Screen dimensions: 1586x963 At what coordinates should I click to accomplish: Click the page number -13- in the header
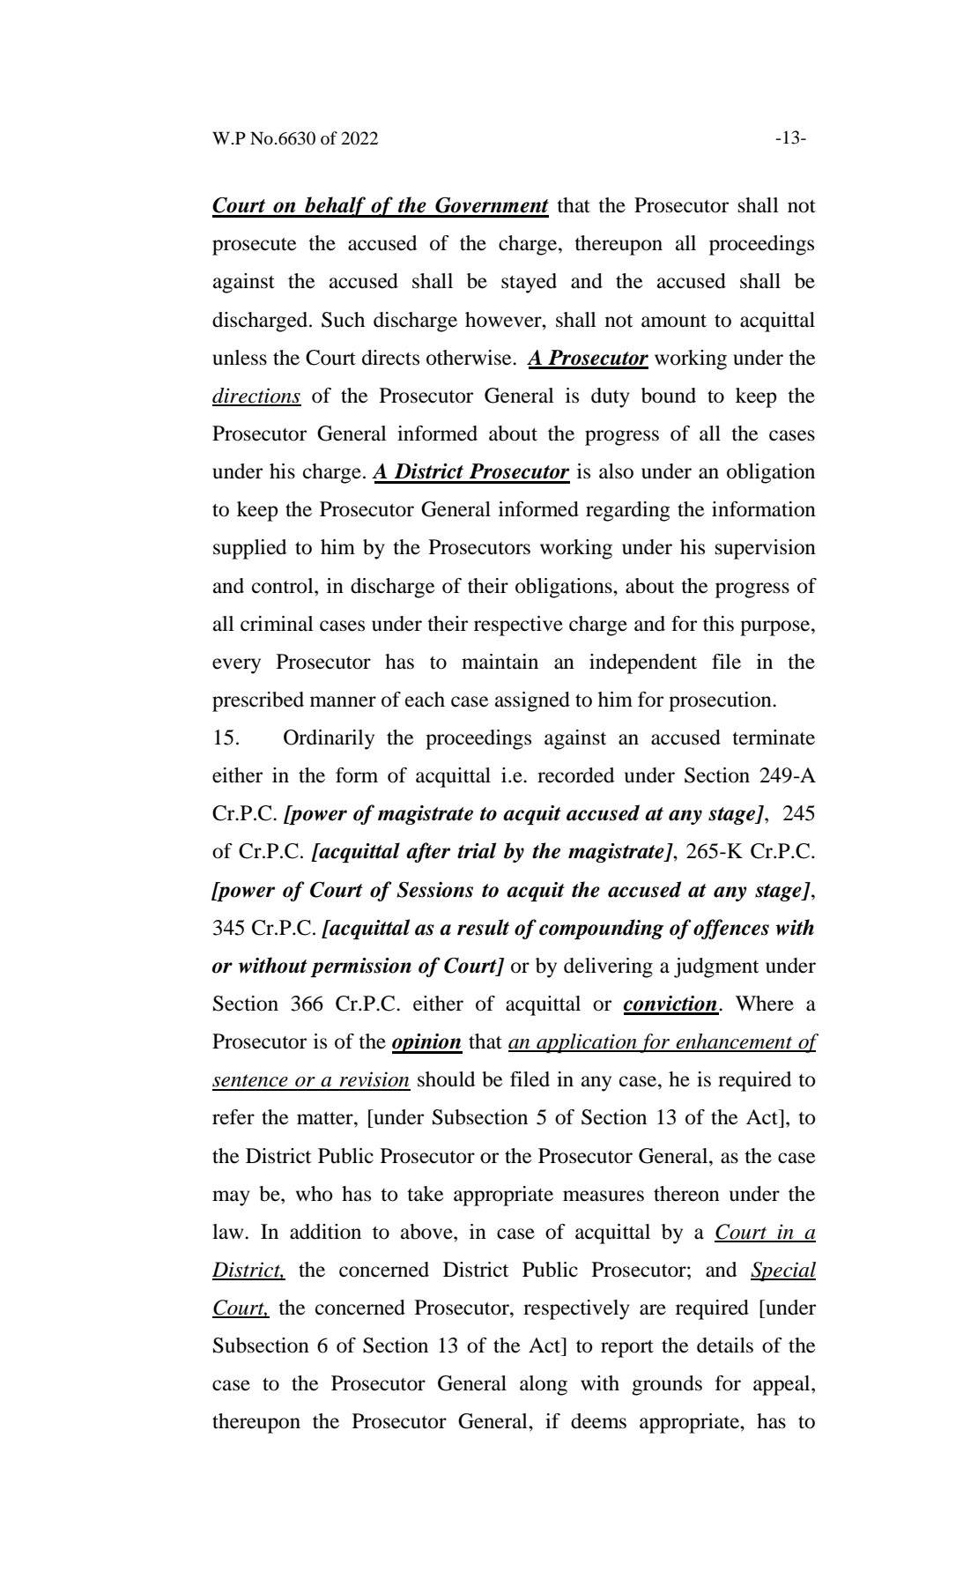tap(790, 138)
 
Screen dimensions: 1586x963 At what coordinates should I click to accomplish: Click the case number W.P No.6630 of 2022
tap(295, 138)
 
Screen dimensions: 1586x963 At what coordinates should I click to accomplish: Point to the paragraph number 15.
tap(226, 738)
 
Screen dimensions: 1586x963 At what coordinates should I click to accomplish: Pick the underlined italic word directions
tap(256, 396)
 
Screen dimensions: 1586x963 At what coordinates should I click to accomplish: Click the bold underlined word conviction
tap(670, 1004)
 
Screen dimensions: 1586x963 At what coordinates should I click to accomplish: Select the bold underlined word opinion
tap(426, 1042)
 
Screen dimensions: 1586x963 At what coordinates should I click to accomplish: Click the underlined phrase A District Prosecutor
tap(471, 472)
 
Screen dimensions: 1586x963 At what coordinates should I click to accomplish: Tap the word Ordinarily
tap(329, 738)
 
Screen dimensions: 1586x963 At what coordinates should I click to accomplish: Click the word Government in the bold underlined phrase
tap(492, 206)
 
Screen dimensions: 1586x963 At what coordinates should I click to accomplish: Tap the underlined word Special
tap(783, 1271)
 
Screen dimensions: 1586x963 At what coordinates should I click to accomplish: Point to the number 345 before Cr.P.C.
tap(229, 929)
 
